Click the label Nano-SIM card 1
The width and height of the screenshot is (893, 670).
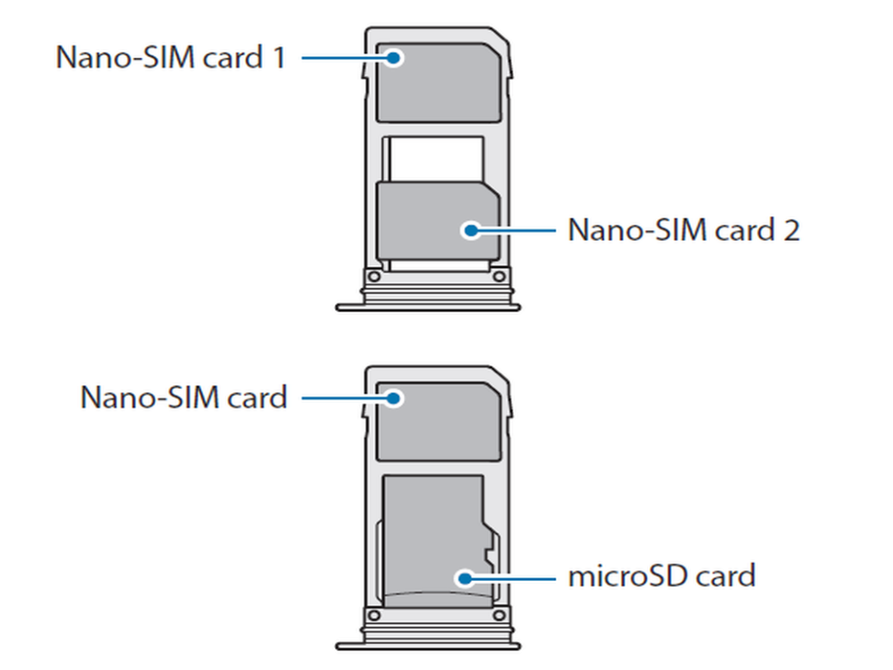coord(171,57)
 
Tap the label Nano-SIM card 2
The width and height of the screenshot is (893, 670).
coord(683,229)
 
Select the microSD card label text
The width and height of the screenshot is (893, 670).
coord(662,576)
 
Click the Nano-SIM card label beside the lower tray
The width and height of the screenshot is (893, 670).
coord(183,397)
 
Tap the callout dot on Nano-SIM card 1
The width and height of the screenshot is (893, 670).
coord(394,58)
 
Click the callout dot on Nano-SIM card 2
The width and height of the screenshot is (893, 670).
coord(471,230)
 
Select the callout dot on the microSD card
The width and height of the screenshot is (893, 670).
coord(464,576)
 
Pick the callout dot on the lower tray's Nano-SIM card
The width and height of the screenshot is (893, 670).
coord(394,398)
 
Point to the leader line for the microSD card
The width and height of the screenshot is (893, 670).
coord(513,576)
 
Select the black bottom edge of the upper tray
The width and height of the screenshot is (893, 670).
coord(427,308)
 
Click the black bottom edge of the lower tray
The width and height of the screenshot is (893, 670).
coord(427,647)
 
